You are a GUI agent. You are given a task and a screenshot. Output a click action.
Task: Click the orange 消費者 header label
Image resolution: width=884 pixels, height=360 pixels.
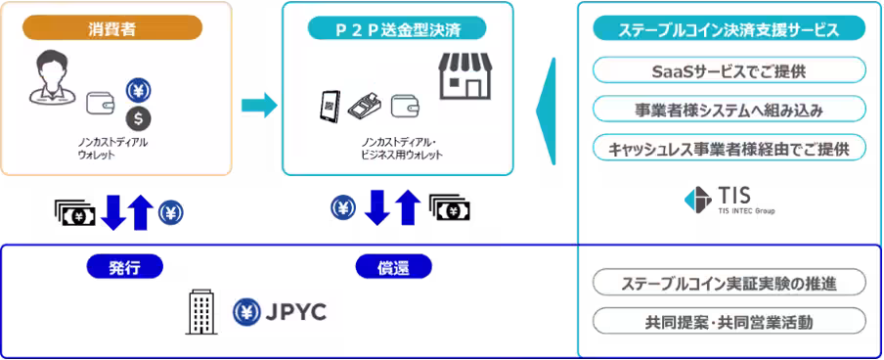(x=118, y=28)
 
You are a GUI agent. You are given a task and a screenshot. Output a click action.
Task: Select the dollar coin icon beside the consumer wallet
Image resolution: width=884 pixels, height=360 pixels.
(x=139, y=118)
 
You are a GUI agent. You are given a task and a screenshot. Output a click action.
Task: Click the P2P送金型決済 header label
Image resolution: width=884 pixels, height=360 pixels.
(x=397, y=28)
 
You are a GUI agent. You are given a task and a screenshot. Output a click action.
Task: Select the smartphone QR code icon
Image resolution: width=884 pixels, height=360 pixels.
(x=330, y=106)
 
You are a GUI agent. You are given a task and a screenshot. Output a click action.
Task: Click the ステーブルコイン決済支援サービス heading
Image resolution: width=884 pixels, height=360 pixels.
(x=729, y=29)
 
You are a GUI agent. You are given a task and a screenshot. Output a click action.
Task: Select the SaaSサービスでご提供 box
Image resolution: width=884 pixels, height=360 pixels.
(x=729, y=71)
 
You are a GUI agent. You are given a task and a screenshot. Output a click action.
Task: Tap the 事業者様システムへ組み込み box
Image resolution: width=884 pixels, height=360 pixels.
(x=729, y=110)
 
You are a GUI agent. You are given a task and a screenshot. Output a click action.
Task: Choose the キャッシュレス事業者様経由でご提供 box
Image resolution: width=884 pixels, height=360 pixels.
(x=729, y=148)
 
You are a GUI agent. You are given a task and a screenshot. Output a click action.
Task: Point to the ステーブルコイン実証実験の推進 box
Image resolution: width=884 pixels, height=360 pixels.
(x=729, y=284)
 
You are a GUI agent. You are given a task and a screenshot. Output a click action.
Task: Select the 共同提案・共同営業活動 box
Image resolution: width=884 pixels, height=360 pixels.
(x=729, y=321)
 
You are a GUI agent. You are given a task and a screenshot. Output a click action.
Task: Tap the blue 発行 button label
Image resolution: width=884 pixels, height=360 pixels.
(x=124, y=266)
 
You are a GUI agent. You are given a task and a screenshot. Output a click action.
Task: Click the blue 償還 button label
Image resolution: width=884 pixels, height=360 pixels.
(x=392, y=266)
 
